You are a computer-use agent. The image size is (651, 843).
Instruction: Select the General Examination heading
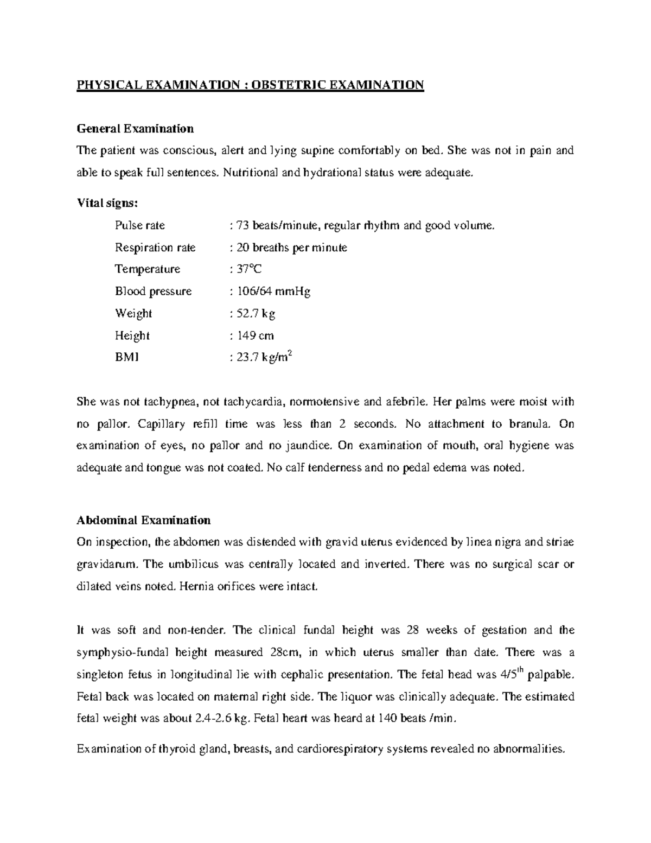pyautogui.click(x=135, y=129)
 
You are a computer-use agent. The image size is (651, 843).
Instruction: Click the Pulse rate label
pyautogui.click(x=140, y=225)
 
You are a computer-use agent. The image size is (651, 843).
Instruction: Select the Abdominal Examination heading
pyautogui.click(x=144, y=520)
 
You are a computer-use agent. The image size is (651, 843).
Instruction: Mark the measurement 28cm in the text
pyautogui.click(x=283, y=652)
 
